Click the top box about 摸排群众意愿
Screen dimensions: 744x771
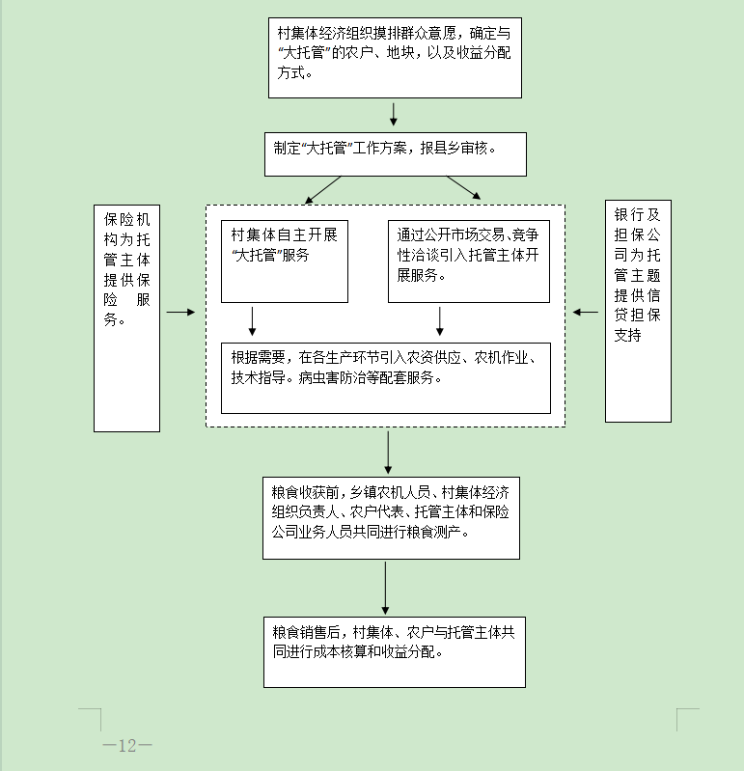coord(395,58)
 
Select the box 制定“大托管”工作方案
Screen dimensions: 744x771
coord(396,154)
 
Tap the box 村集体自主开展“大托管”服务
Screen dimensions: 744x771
coord(285,262)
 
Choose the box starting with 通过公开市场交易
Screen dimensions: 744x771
coord(469,262)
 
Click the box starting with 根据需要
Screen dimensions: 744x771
coord(386,378)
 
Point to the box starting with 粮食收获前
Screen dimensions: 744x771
coord(391,518)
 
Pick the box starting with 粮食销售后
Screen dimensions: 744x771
coord(395,652)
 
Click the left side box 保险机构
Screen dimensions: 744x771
coord(126,318)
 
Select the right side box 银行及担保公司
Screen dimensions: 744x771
coord(638,311)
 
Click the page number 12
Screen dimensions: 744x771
coord(127,746)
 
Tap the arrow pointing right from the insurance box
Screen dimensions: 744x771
coord(180,313)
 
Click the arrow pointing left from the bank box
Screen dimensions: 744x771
coord(585,313)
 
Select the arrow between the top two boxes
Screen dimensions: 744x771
coord(394,114)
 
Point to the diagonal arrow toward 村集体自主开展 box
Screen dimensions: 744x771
coord(322,190)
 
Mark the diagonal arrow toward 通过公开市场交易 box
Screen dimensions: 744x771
coord(464,188)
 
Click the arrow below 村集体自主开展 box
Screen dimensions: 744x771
coord(252,321)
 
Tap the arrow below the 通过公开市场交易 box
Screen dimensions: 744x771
coord(440,321)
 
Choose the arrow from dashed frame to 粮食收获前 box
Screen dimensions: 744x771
coord(388,453)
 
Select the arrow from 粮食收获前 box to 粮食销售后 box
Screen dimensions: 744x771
coord(386,588)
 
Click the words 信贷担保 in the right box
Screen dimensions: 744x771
coord(637,305)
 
